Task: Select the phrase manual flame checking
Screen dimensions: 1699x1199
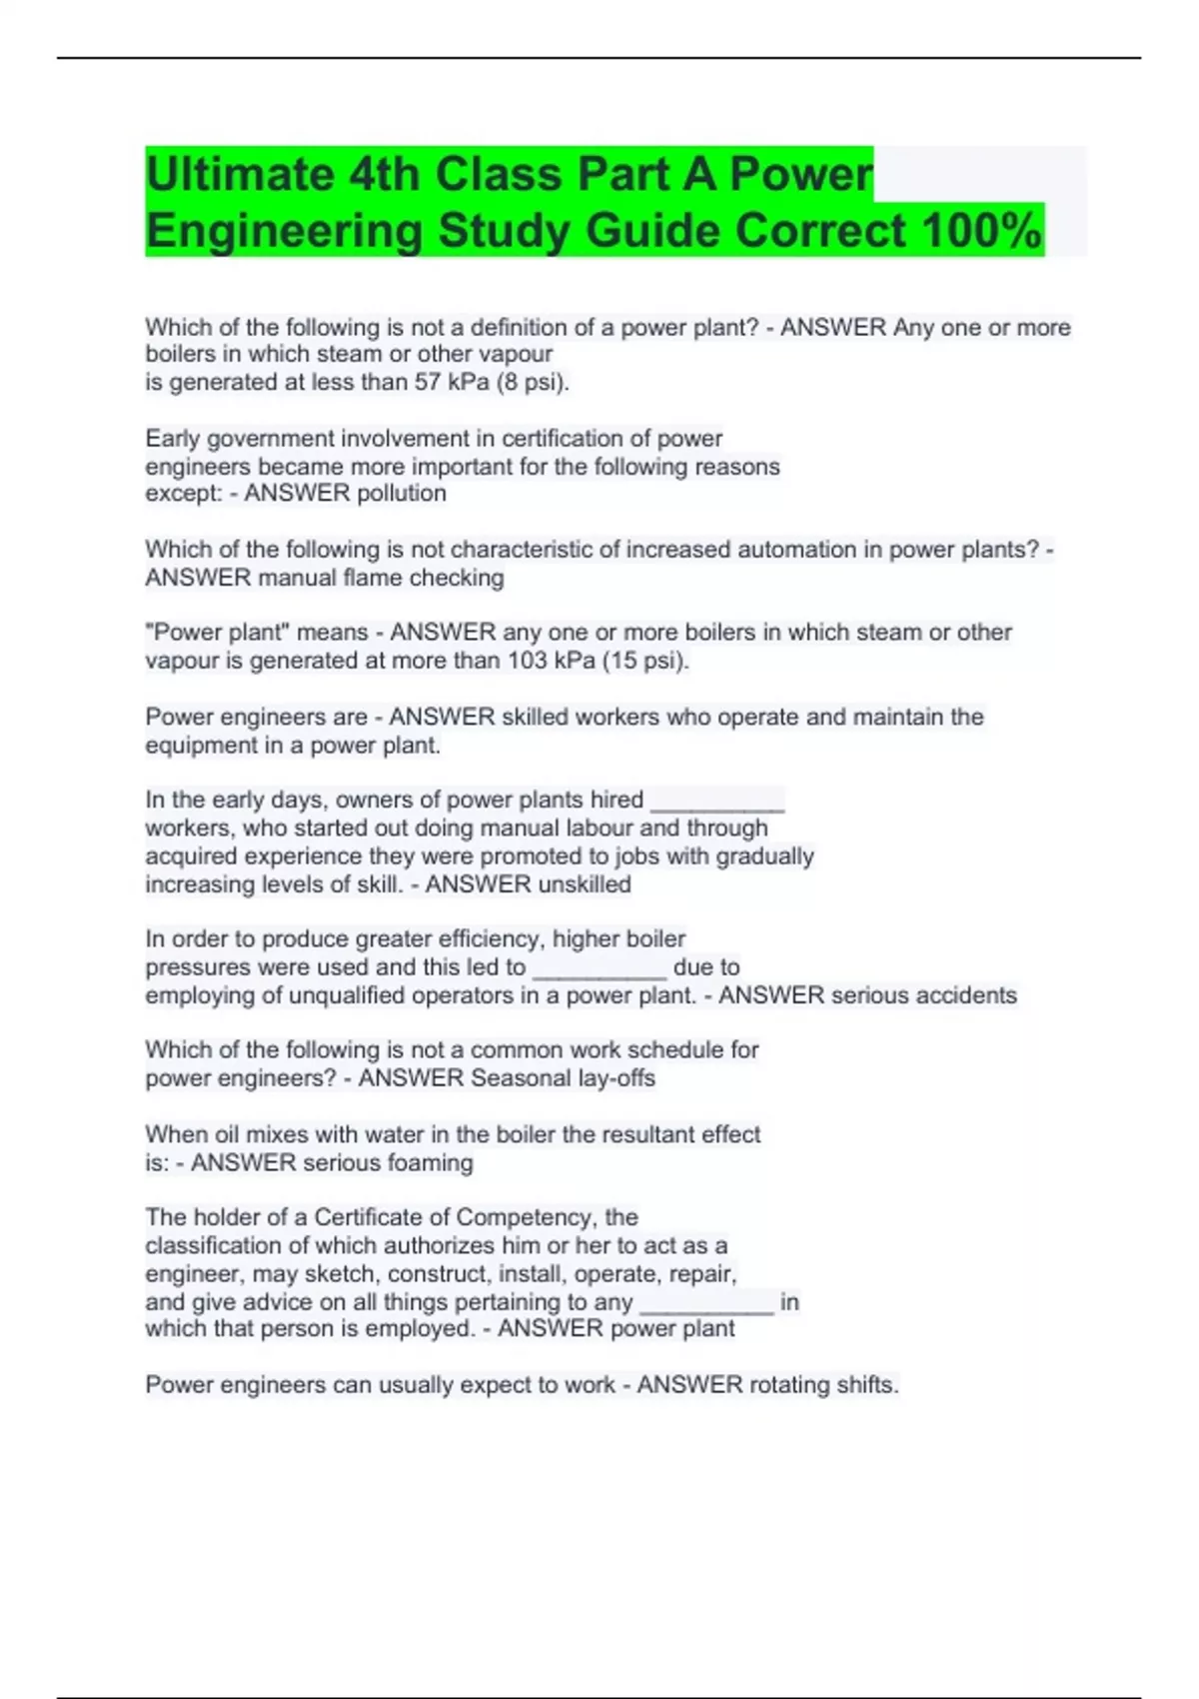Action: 381,577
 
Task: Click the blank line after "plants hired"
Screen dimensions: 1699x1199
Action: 717,802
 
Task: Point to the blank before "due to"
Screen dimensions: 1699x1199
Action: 599,968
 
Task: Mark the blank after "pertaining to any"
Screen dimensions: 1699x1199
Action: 706,1303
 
